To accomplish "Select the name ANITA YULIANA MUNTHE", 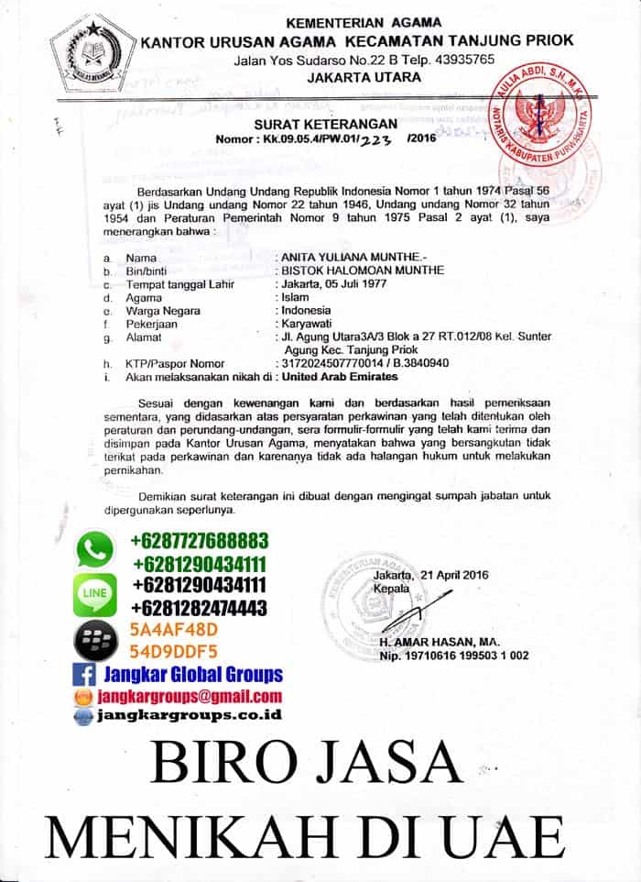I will pos(349,258).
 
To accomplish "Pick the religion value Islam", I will pos(297,297).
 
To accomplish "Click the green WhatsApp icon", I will pos(94,550).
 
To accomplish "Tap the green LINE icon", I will pos(94,594).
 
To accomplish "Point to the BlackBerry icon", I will pos(94,640).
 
